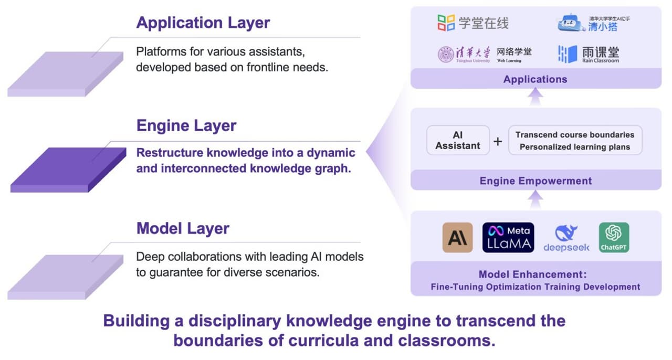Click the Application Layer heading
pos(203,23)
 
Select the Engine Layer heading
pos(186,126)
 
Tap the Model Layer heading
pos(183,229)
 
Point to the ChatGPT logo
pos(614,237)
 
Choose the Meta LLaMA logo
pos(508,237)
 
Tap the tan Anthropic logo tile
pos(457,237)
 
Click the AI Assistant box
pos(458,140)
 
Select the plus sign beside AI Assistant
pos(498,141)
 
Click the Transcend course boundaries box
pos(574,140)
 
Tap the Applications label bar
pos(535,79)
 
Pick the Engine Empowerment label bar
pos(535,181)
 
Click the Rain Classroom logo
pos(589,54)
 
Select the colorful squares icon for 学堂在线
pos(446,23)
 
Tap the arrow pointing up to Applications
pos(535,97)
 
